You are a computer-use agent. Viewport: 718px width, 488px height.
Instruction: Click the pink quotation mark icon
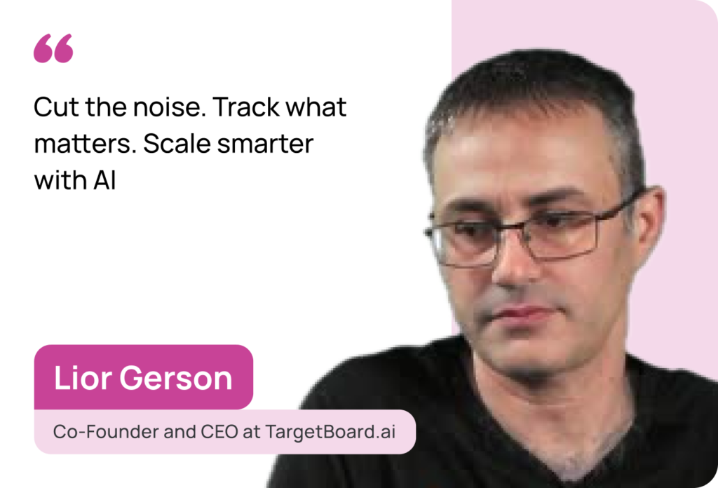(x=53, y=48)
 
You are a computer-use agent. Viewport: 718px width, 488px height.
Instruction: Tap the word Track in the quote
(x=246, y=107)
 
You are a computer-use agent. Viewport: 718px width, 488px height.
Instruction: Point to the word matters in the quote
(x=85, y=144)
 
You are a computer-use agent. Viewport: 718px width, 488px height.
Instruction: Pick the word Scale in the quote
(x=177, y=144)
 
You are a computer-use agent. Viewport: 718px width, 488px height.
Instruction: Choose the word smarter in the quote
(x=266, y=144)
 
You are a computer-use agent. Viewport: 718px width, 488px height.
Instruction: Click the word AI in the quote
(x=105, y=180)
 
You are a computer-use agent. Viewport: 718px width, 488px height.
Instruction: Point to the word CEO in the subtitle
(x=219, y=432)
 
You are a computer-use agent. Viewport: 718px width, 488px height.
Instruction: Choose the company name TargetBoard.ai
(x=330, y=432)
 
